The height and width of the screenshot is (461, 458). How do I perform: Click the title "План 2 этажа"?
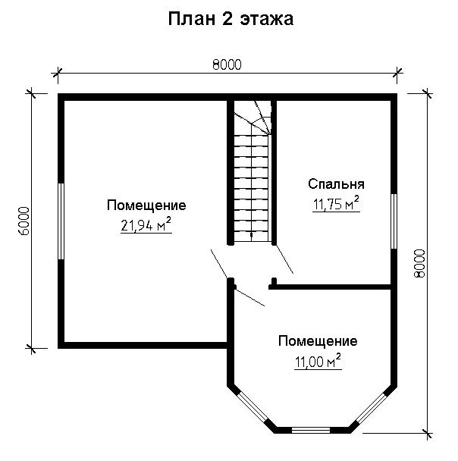[x=231, y=19]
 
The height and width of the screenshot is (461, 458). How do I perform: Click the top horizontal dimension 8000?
[x=227, y=64]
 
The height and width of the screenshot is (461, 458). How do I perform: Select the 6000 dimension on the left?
[x=24, y=221]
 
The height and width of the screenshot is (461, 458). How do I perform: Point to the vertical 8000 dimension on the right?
[x=419, y=263]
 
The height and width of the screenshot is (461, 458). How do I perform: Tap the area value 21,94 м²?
[x=146, y=225]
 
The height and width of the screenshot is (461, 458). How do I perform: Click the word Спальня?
[x=337, y=184]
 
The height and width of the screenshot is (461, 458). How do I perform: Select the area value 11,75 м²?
[x=336, y=204]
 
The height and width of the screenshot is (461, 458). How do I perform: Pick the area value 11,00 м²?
[x=318, y=362]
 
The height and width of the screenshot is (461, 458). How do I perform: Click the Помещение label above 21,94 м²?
[x=146, y=205]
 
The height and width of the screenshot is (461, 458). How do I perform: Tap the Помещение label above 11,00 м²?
[x=318, y=341]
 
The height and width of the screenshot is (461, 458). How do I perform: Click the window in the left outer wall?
[x=61, y=221]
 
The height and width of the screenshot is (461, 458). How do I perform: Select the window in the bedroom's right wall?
[x=394, y=221]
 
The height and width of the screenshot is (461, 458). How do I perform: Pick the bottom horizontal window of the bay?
[x=311, y=431]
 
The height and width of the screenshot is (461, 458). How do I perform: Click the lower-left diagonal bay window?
[x=253, y=407]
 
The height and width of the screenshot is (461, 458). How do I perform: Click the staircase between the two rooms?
[x=251, y=171]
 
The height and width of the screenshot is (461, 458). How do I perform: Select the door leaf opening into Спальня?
[x=284, y=259]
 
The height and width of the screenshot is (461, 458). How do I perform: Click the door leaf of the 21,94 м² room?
[x=219, y=264]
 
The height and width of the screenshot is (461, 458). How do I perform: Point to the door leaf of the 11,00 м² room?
[x=250, y=297]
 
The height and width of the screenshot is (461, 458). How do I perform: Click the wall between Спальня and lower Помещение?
[x=330, y=287]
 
